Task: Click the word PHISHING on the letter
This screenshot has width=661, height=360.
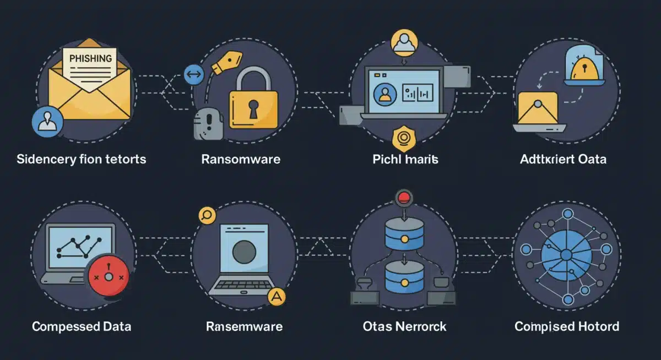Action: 90,57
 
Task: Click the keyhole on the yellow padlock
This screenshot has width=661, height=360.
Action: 253,108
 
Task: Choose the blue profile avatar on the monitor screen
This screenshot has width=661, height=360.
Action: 384,93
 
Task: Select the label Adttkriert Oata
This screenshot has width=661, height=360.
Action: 563,160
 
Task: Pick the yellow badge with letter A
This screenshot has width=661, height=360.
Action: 277,297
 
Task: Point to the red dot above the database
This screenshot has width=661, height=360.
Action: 405,197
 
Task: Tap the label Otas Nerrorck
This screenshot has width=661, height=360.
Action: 405,326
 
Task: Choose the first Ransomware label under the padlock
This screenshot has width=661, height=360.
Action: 241,160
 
